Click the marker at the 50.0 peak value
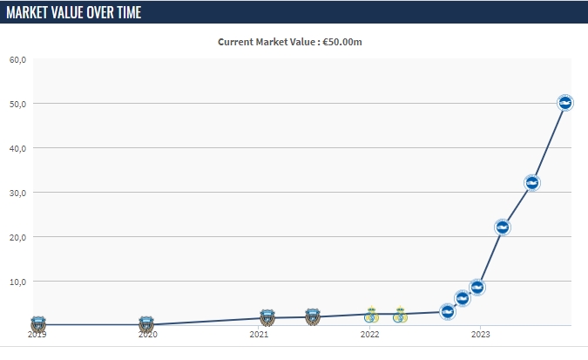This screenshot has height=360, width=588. [x=564, y=103]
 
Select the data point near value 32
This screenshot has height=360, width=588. [x=532, y=182]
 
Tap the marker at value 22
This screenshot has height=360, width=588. [x=502, y=227]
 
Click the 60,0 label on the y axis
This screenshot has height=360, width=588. [x=18, y=59]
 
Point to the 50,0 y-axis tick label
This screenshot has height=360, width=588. [x=18, y=104]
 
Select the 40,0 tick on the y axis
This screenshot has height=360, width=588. [x=18, y=148]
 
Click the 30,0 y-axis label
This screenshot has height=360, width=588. [x=18, y=193]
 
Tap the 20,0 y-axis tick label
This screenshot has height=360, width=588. [x=18, y=237]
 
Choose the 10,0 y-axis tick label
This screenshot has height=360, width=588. [x=18, y=282]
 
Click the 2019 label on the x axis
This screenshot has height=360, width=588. [x=37, y=334]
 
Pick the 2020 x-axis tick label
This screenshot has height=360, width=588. [x=148, y=334]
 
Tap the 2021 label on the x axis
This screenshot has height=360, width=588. [x=259, y=334]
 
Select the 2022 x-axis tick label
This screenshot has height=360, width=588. [x=369, y=334]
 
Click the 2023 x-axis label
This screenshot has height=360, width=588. [x=480, y=334]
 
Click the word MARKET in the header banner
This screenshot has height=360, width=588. [x=30, y=12]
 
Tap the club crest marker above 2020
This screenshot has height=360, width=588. [x=146, y=323]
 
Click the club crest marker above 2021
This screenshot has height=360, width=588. [x=267, y=317]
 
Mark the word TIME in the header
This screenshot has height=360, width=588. [x=125, y=12]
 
